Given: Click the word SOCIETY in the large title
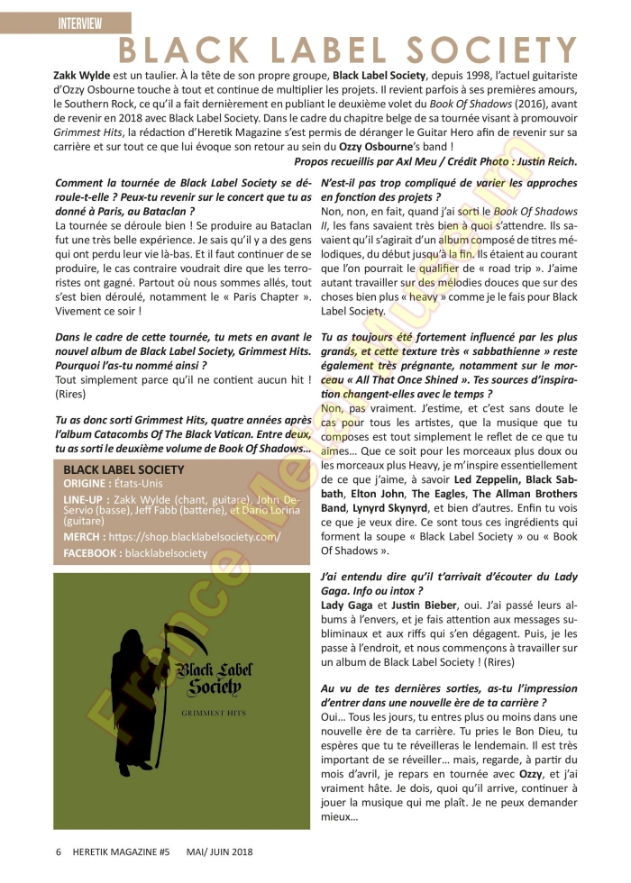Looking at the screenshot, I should pyautogui.click(x=489, y=50).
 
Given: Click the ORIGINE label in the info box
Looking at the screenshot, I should pyautogui.click(x=84, y=484).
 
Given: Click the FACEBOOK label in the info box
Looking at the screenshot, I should pyautogui.click(x=93, y=553).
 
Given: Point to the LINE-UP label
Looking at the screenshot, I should pyautogui.click(x=87, y=499).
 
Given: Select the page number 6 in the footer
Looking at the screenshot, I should pyautogui.click(x=59, y=851).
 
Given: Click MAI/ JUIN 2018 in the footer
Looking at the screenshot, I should pyautogui.click(x=220, y=851).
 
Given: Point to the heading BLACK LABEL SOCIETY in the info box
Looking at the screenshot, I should pyautogui.click(x=123, y=469).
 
